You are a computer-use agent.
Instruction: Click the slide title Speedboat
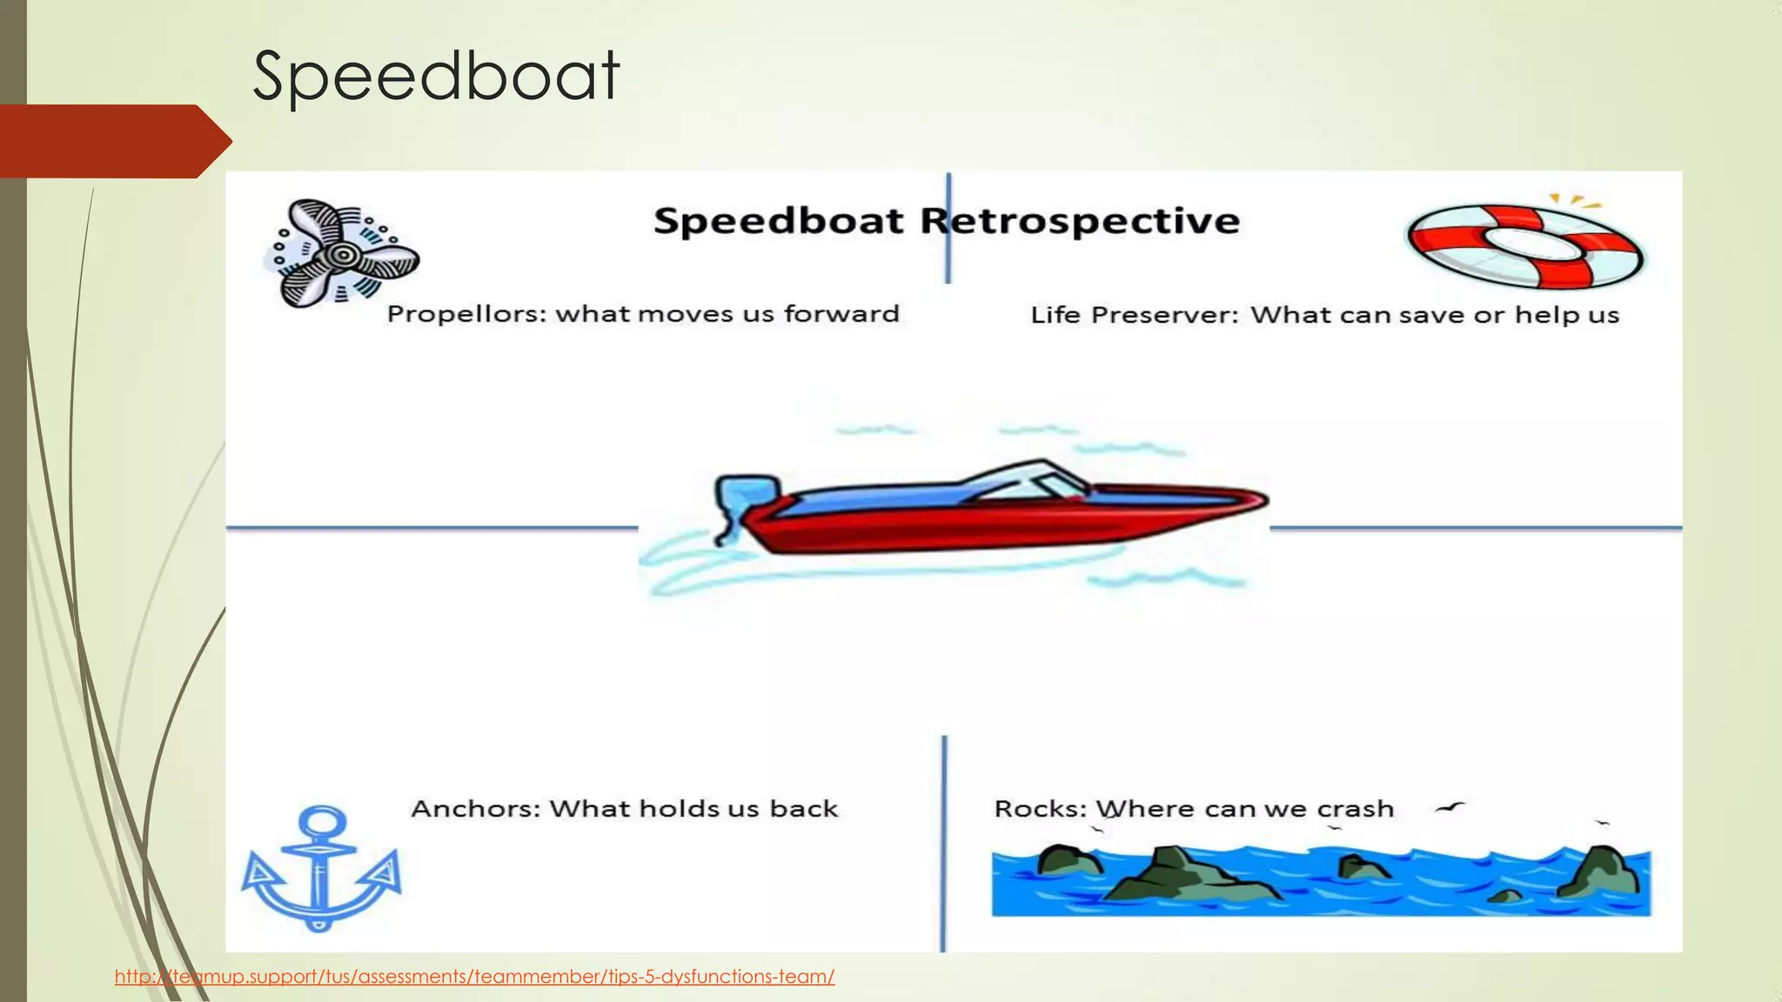point(435,77)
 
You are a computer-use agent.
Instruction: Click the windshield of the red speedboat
point(1035,483)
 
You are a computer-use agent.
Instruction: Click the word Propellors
point(466,314)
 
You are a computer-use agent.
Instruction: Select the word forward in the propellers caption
point(841,313)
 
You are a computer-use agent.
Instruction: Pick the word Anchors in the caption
point(475,809)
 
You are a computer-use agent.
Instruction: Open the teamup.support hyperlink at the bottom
point(474,977)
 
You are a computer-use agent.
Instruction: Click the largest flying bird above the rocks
point(1450,809)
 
